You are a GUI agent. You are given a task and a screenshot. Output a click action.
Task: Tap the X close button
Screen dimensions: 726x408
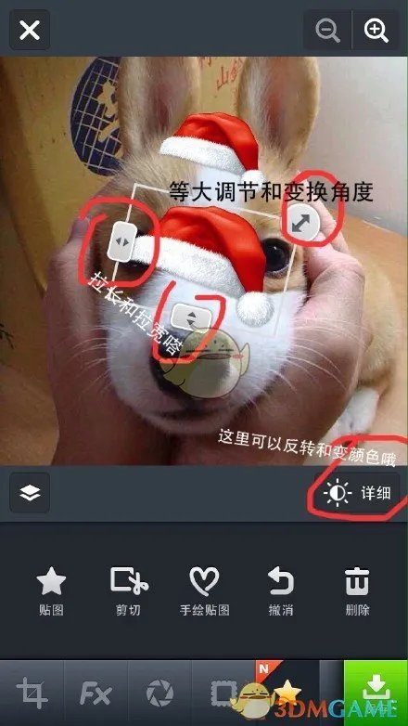(x=30, y=31)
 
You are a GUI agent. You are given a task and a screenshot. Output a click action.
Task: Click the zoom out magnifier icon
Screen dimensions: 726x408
(x=327, y=31)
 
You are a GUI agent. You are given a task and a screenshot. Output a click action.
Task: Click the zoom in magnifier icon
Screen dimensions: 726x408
(x=376, y=31)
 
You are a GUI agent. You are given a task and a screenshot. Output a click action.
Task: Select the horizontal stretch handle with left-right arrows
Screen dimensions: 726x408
(x=121, y=242)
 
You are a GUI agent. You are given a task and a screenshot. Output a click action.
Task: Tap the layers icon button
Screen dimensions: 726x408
(x=30, y=493)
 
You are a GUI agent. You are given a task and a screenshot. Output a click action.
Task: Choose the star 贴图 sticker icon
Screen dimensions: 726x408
(x=51, y=582)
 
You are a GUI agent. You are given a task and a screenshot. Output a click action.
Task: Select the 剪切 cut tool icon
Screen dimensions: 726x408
(x=128, y=582)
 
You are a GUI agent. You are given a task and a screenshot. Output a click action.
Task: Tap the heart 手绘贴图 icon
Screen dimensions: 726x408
(x=204, y=582)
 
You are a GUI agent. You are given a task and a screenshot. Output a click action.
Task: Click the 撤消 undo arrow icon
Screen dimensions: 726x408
(x=280, y=582)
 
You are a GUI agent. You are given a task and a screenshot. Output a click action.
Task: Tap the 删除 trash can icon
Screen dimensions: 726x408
(x=356, y=582)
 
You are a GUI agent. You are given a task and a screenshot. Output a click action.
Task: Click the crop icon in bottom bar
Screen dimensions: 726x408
(x=32, y=694)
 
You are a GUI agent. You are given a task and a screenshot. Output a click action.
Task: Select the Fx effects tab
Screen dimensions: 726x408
(x=96, y=694)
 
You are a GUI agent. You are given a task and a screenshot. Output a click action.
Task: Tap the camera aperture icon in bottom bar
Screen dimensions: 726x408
(x=159, y=694)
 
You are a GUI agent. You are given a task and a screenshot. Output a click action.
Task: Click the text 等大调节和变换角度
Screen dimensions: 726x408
(x=271, y=192)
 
